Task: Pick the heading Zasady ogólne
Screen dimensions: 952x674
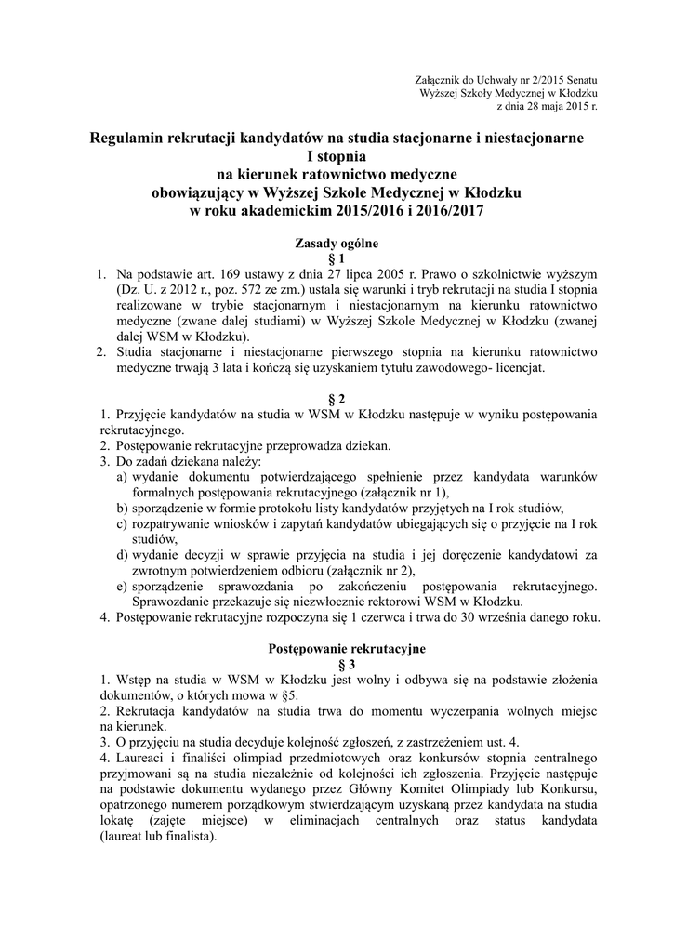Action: (x=337, y=244)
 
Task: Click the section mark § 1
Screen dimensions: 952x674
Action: (x=337, y=258)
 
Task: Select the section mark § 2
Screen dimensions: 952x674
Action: (x=337, y=398)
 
